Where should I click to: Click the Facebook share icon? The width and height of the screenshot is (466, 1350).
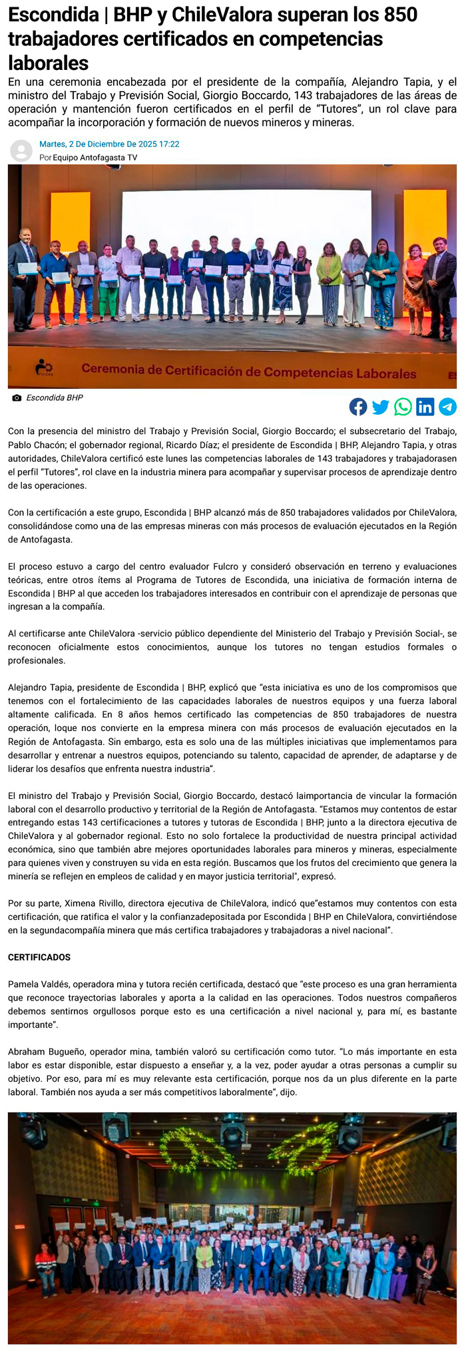pyautogui.click(x=358, y=407)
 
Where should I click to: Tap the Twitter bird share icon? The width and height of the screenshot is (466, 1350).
pyautogui.click(x=381, y=407)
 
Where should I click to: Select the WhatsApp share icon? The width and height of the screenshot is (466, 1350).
pyautogui.click(x=403, y=407)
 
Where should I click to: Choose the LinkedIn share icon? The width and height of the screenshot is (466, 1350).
pyautogui.click(x=425, y=407)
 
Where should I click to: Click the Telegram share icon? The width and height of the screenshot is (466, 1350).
pyautogui.click(x=447, y=407)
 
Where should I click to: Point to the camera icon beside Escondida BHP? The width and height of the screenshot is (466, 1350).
pyautogui.click(x=17, y=398)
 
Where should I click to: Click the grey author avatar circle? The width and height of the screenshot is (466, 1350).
pyautogui.click(x=21, y=150)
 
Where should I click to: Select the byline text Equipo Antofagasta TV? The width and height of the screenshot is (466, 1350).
pyautogui.click(x=95, y=158)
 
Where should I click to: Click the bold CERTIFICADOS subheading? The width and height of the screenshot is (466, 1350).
pyautogui.click(x=39, y=957)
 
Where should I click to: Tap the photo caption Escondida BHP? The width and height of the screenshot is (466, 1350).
pyautogui.click(x=55, y=398)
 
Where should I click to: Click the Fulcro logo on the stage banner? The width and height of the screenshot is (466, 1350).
pyautogui.click(x=45, y=368)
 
